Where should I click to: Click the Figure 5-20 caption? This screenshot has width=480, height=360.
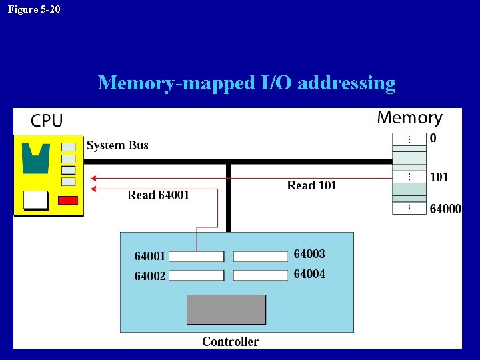(34, 9)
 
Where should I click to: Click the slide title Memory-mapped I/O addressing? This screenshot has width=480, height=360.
(247, 83)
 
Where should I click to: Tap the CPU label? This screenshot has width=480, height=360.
(47, 121)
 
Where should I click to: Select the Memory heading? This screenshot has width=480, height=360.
(409, 118)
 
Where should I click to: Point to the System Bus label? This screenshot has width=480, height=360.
(117, 145)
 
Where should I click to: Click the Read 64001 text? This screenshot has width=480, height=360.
(158, 195)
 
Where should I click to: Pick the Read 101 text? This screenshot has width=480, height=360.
(311, 185)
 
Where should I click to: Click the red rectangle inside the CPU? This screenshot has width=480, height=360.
(68, 200)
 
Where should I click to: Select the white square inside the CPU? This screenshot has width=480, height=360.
(35, 199)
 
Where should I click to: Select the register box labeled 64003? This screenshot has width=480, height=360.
(261, 257)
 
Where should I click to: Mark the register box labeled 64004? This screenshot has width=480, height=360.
(261, 275)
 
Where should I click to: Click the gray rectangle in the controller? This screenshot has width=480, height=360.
(226, 309)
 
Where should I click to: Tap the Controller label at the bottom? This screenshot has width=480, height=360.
(230, 341)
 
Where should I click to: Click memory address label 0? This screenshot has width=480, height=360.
(433, 139)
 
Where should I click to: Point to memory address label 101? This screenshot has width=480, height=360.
(439, 177)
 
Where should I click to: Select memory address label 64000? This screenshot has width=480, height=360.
(445, 209)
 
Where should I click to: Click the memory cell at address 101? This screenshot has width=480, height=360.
(409, 177)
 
